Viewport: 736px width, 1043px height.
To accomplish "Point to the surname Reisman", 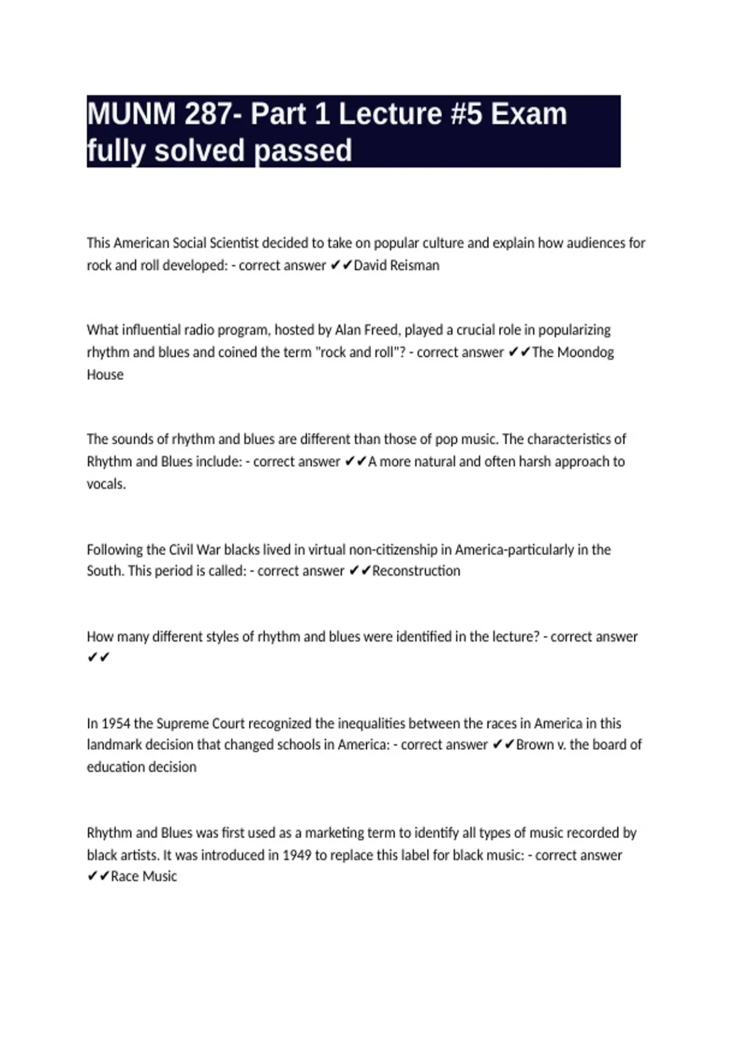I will (x=414, y=266).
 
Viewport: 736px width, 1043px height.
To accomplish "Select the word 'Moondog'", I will (x=585, y=352).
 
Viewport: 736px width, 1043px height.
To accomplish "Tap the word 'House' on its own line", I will (x=105, y=375).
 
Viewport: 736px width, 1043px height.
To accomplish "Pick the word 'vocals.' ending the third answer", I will (x=106, y=484).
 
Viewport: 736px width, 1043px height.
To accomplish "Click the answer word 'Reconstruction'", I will (x=416, y=571).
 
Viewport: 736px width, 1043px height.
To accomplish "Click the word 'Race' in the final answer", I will (x=125, y=877).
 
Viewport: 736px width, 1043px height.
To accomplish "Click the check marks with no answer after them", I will (x=98, y=658).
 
